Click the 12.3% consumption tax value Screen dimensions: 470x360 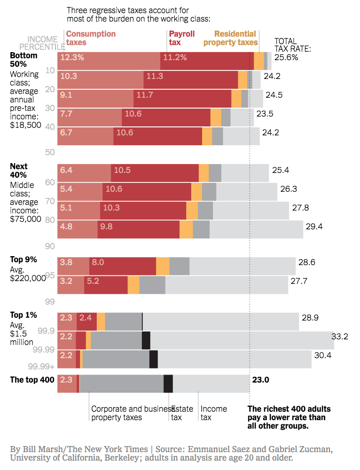coord(72,58)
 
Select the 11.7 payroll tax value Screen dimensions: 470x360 coord(145,95)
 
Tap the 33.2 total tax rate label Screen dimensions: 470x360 coord(339,337)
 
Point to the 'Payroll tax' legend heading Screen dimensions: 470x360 coord(181,38)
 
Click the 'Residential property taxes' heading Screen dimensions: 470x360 coord(235,38)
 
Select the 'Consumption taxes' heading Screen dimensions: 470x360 coord(91,38)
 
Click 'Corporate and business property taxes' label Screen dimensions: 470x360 coord(130,413)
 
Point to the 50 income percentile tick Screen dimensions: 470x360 coord(50,152)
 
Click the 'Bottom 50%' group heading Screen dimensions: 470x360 coord(23,60)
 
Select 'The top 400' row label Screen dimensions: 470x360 coord(32,380)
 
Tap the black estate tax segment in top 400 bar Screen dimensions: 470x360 coord(168,384)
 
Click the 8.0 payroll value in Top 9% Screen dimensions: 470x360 coord(98,262)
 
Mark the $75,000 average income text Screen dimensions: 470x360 coord(26,219)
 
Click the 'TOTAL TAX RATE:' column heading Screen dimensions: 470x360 coord(292,45)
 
